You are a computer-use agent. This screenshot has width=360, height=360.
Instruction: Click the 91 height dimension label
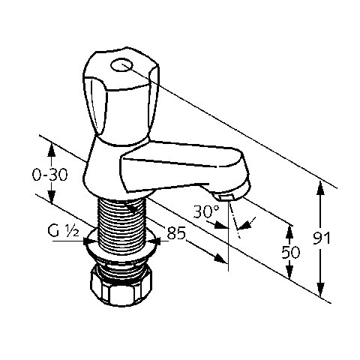click(322, 238)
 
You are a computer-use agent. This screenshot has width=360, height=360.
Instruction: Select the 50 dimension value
click(291, 252)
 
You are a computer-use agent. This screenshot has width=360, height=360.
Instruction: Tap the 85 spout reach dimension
click(176, 233)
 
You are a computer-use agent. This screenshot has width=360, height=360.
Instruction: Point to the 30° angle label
click(206, 211)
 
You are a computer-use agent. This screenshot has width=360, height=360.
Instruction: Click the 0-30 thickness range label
click(50, 175)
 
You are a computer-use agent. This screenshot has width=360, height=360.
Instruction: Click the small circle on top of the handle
click(121, 65)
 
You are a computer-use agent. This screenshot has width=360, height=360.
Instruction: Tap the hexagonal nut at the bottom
click(121, 285)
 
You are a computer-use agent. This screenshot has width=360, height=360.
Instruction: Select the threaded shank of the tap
click(122, 225)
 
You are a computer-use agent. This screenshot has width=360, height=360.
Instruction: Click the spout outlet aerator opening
click(226, 198)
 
